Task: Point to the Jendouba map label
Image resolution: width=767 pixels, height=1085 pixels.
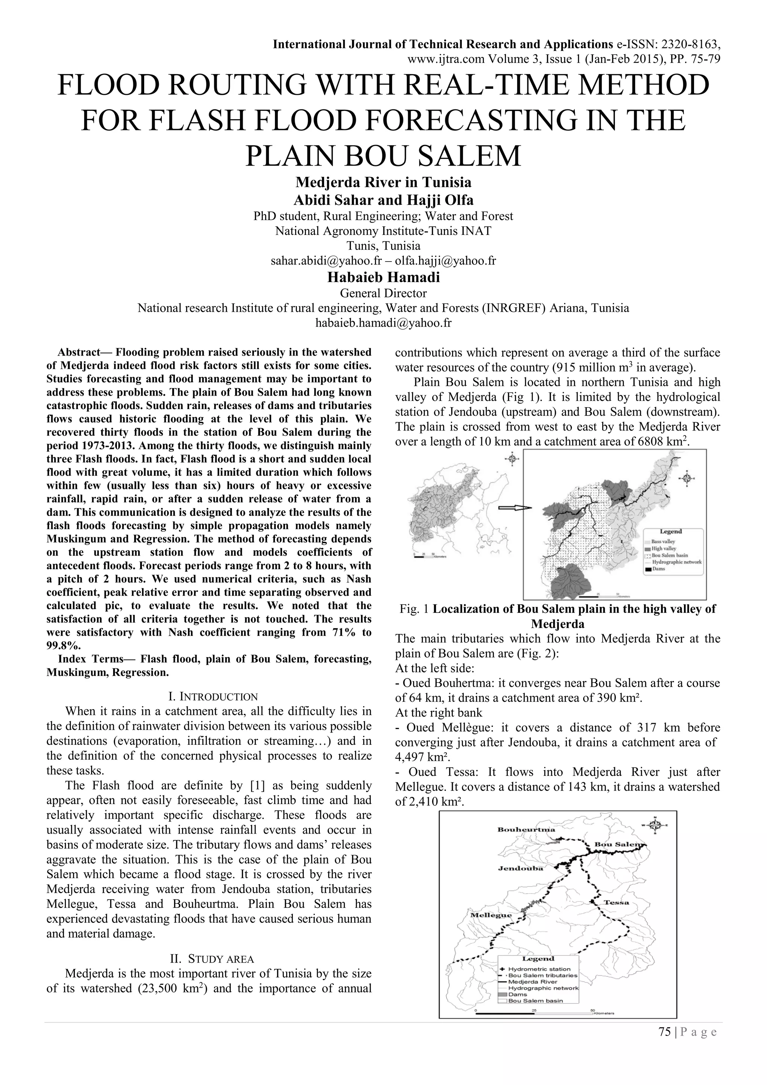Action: point(520,868)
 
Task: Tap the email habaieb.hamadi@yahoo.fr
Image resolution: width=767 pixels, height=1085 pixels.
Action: point(383,323)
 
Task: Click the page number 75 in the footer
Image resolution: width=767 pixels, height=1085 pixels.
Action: point(664,1045)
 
